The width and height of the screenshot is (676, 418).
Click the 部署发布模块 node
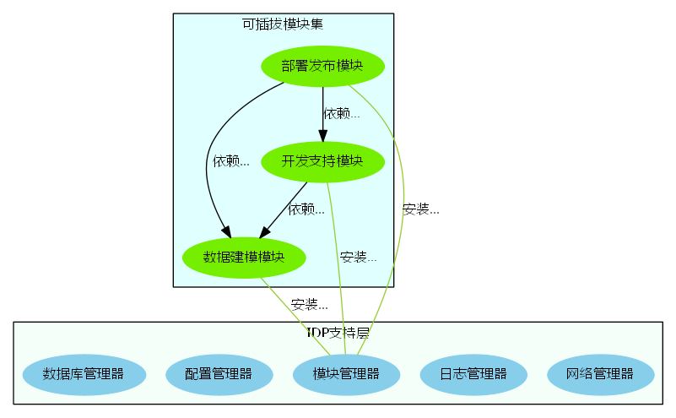click(322, 66)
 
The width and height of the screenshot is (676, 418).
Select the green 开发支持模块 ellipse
click(322, 160)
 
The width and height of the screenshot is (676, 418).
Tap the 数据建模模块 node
click(244, 257)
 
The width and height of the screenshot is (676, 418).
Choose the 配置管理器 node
click(218, 373)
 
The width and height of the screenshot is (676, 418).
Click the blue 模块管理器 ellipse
click(345, 373)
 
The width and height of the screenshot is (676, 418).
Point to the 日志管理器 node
click(473, 373)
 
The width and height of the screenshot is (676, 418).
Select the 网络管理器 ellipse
click(600, 373)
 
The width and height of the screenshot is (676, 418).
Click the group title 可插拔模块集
click(283, 24)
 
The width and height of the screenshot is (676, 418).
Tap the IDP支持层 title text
click(338, 333)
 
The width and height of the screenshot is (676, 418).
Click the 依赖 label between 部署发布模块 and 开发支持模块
click(342, 113)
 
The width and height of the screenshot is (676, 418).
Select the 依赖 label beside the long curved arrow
click(231, 160)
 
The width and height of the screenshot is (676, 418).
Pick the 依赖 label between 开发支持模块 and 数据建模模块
click(306, 209)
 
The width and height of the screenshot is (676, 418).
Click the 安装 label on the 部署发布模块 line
click(420, 209)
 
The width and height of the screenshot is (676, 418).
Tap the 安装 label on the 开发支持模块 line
click(358, 257)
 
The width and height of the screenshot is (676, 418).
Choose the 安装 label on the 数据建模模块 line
click(309, 304)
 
